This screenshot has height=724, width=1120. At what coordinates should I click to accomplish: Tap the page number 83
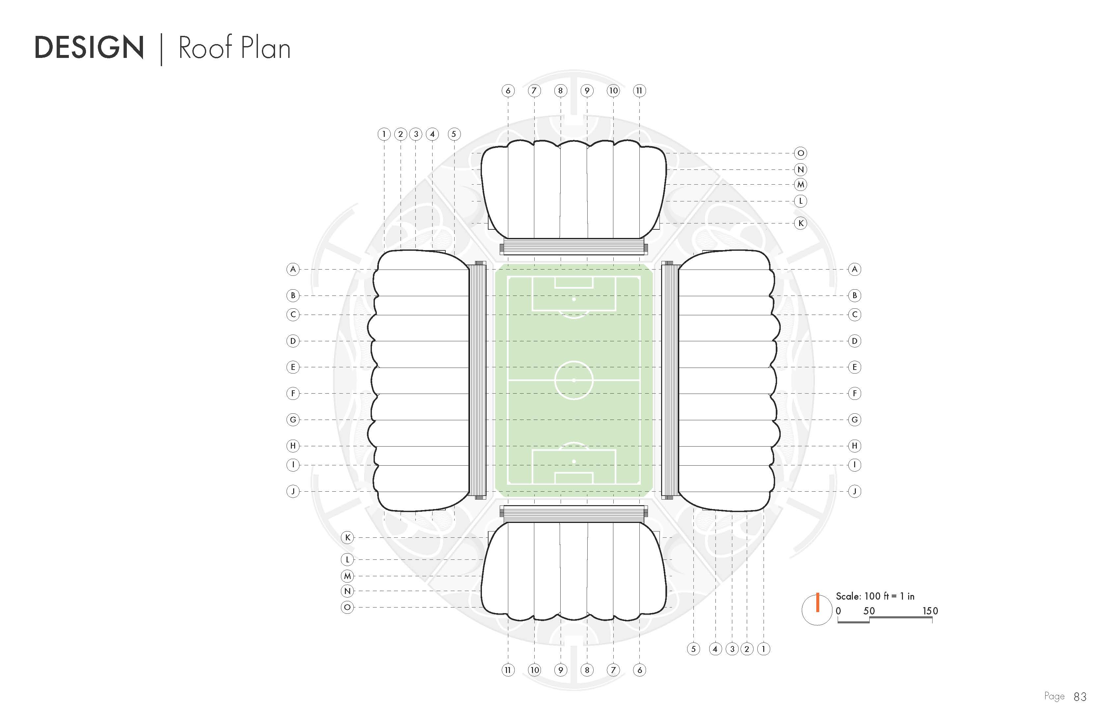pyautogui.click(x=1080, y=697)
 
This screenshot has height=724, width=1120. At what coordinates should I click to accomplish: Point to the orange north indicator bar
pyautogui.click(x=818, y=602)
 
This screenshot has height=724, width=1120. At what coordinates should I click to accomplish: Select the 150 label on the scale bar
pyautogui.click(x=930, y=611)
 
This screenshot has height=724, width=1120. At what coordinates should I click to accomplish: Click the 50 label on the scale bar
pyautogui.click(x=869, y=611)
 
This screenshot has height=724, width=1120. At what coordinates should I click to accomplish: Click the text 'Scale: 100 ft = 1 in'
pyautogui.click(x=875, y=596)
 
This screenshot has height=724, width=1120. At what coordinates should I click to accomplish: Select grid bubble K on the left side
pyautogui.click(x=347, y=537)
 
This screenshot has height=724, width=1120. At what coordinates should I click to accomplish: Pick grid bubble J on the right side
pyautogui.click(x=854, y=491)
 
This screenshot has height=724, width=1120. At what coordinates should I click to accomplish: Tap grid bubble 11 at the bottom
pyautogui.click(x=508, y=670)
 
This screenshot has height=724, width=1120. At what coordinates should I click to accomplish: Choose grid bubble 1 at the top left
pyautogui.click(x=384, y=134)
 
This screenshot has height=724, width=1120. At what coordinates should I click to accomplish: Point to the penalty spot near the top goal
pyautogui.click(x=574, y=299)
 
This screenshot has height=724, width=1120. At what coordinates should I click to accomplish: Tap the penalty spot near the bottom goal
pyautogui.click(x=574, y=462)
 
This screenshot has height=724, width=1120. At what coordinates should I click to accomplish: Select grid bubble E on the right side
pyautogui.click(x=854, y=367)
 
